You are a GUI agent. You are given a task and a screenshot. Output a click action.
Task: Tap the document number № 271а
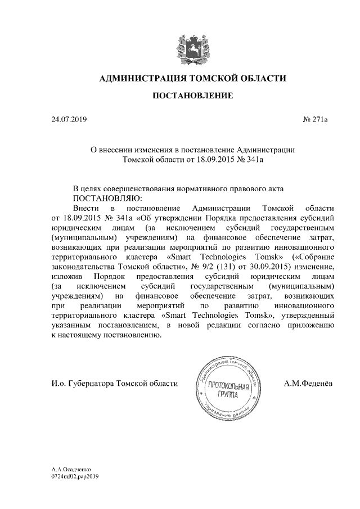point(319,119)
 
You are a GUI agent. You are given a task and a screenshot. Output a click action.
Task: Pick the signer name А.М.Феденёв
point(309,384)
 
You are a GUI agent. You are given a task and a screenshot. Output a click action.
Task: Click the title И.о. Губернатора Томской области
point(114,384)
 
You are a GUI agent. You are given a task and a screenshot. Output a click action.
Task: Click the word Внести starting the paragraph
point(85,208)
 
